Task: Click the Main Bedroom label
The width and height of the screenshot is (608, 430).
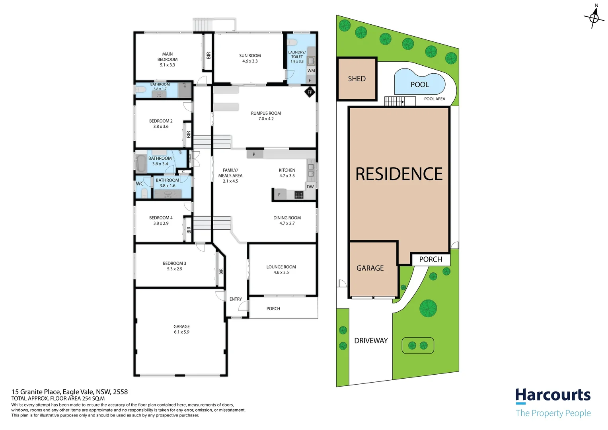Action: click(x=167, y=59)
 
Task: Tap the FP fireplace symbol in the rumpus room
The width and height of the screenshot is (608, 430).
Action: click(x=310, y=92)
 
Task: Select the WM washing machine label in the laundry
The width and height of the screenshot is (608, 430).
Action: click(x=311, y=70)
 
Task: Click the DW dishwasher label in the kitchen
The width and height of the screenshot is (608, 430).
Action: click(x=310, y=187)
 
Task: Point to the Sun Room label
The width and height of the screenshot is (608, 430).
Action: click(x=250, y=58)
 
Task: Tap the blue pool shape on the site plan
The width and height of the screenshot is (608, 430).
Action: click(x=419, y=83)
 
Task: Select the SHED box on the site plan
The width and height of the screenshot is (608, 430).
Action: click(x=357, y=79)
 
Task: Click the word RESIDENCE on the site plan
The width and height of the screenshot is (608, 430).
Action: click(x=399, y=174)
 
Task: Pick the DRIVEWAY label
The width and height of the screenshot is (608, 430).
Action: click(x=371, y=341)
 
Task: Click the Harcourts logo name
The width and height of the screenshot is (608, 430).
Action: click(x=553, y=395)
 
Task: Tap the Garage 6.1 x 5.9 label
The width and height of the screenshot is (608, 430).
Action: click(x=181, y=329)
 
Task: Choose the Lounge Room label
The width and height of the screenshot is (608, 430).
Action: click(x=281, y=270)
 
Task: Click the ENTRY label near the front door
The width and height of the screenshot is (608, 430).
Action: click(x=236, y=299)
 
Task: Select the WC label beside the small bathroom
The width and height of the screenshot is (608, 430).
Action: click(x=140, y=184)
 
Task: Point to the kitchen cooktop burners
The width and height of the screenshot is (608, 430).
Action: click(x=299, y=195)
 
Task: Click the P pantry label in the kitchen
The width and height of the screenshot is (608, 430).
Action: click(x=254, y=154)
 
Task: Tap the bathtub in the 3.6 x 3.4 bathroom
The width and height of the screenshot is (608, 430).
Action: click(x=141, y=163)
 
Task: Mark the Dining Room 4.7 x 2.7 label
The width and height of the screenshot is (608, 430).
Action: click(x=287, y=221)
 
